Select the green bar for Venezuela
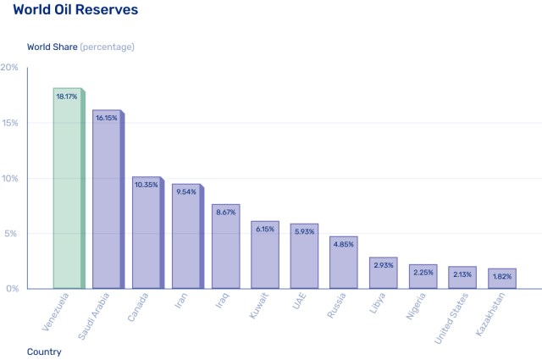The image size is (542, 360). click(68, 191)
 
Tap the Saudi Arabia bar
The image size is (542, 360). click(107, 203)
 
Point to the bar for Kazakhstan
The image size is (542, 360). click(501, 279)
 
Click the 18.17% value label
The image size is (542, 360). click(67, 97)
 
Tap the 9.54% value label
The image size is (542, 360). click(185, 192)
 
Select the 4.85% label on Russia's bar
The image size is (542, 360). click(343, 245)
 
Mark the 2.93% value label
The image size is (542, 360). click(383, 266)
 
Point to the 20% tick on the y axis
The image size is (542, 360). click(9, 68)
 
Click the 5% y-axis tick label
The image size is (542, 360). click(12, 234)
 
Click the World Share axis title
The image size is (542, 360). click(80, 47)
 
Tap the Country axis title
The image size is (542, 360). click(44, 352)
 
